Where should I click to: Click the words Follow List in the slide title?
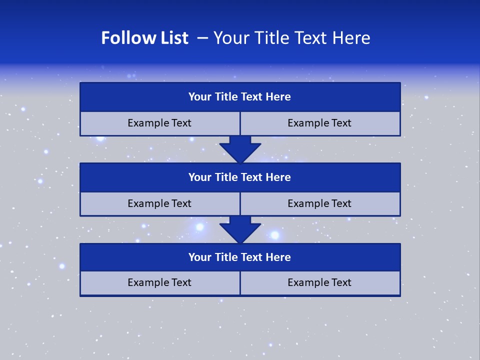144,38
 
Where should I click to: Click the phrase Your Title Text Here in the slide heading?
291,38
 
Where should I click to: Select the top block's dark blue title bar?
240,97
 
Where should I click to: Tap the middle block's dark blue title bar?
240,177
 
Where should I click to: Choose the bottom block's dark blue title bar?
240,257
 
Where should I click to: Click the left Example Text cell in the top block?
159,123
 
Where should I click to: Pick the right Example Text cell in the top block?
320,123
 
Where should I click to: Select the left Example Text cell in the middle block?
159,203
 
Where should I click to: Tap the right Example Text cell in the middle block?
320,203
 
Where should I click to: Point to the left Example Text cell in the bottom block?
159,282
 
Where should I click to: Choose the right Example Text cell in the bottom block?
320,282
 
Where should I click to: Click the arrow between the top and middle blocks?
240,149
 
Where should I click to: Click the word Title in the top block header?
226,97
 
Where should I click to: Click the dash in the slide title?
202,38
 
